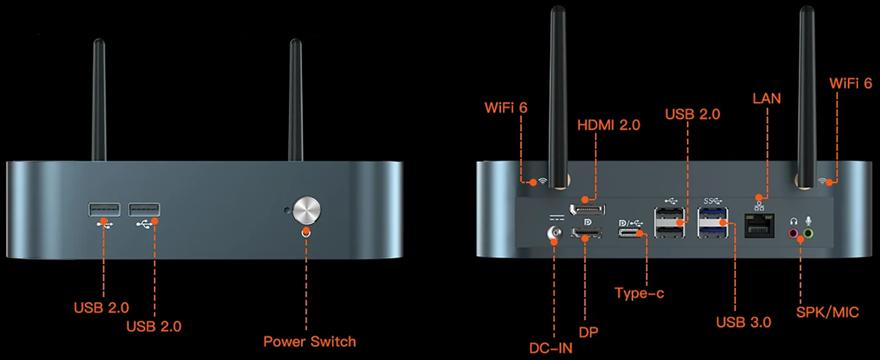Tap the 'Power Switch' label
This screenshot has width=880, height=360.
pyautogui.click(x=309, y=341)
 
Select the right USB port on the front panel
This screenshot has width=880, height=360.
pyautogui.click(x=144, y=210)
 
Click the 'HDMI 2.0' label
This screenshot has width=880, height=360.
pyautogui.click(x=609, y=125)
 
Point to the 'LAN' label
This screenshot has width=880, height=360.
pyautogui.click(x=766, y=98)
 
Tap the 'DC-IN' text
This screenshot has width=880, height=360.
pyautogui.click(x=551, y=347)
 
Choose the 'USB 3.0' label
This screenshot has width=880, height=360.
pyautogui.click(x=743, y=322)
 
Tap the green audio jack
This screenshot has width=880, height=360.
pyautogui.click(x=808, y=234)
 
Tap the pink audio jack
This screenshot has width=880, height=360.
pyautogui.click(x=793, y=234)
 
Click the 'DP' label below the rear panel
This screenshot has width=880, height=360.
pyautogui.click(x=587, y=332)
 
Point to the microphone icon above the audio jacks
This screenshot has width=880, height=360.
pyautogui.click(x=808, y=219)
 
